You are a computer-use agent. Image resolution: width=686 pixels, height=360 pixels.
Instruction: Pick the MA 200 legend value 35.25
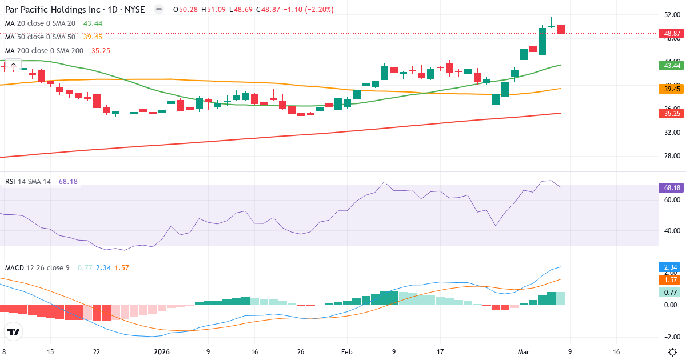pyautogui.click(x=101, y=50)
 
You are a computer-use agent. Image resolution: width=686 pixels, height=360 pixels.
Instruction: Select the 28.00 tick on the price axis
pyautogui.click(x=671, y=156)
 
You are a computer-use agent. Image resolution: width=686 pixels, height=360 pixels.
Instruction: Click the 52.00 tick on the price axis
pyautogui.click(x=671, y=15)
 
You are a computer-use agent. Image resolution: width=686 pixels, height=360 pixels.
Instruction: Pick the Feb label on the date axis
pyautogui.click(x=347, y=352)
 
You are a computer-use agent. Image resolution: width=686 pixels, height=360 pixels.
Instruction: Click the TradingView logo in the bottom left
pyautogui.click(x=14, y=331)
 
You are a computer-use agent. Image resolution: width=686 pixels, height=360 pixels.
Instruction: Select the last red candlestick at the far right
pyautogui.click(x=561, y=29)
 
